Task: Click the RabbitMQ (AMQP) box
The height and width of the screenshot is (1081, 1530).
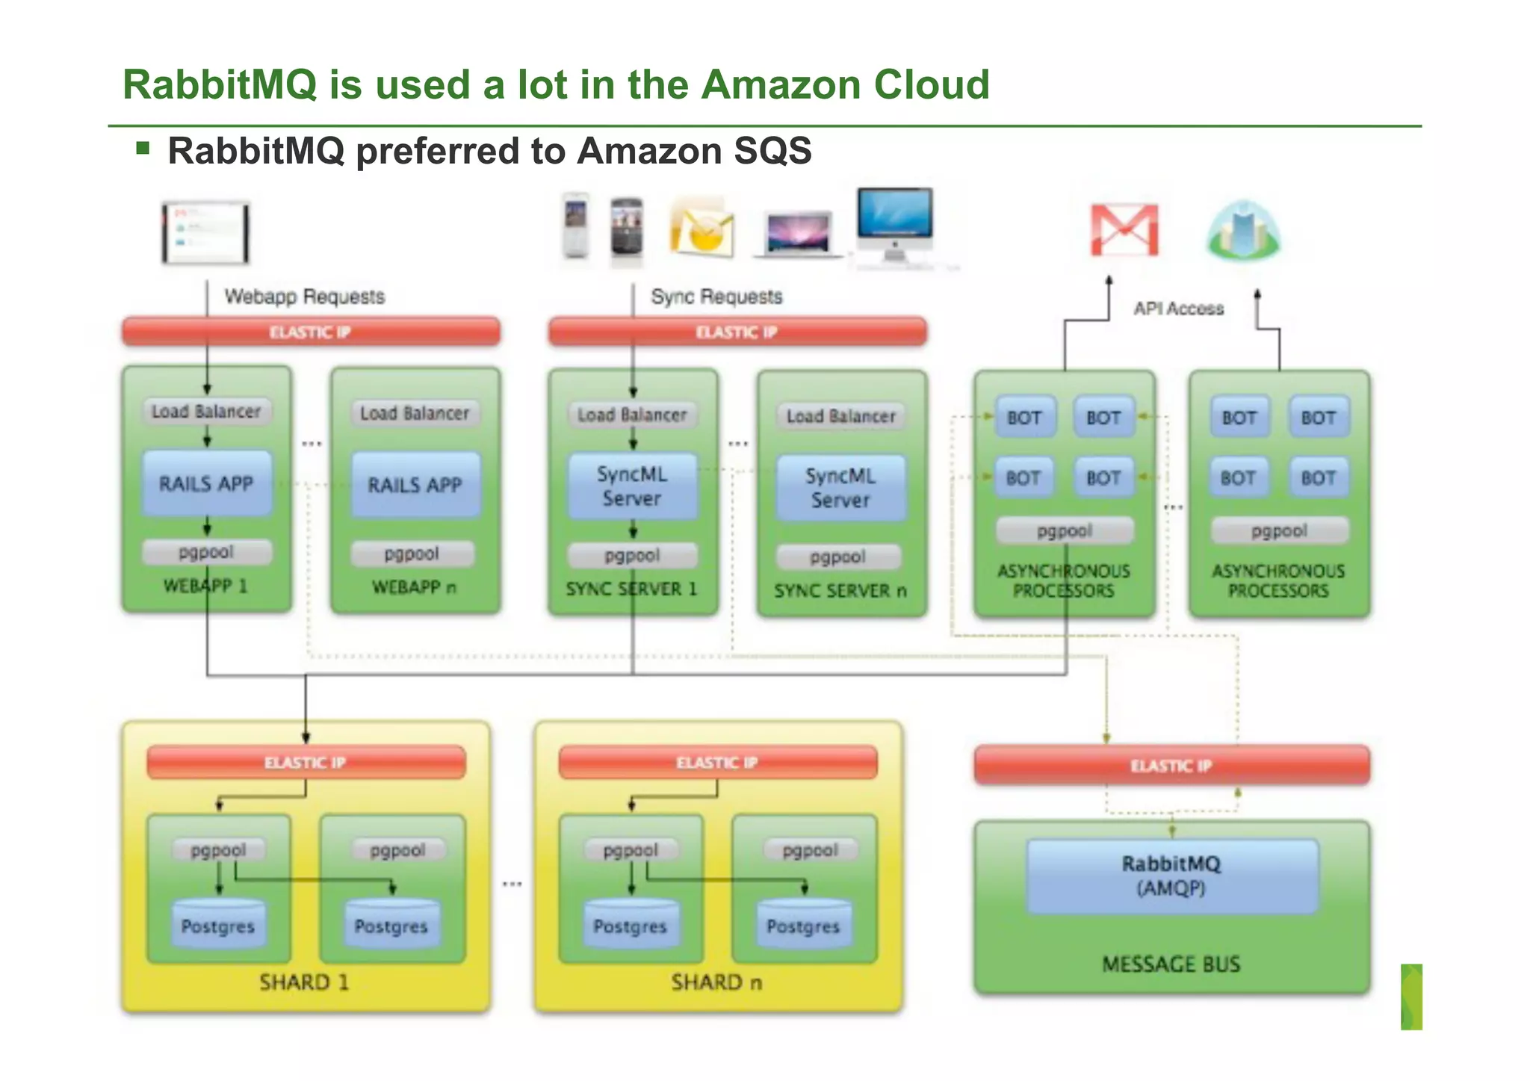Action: click(1171, 876)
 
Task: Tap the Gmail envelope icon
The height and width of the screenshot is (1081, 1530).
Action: click(1124, 230)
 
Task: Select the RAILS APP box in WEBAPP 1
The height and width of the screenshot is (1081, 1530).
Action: click(207, 483)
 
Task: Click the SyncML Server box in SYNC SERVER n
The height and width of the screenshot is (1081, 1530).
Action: click(840, 488)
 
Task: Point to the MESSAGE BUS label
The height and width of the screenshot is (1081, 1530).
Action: click(1171, 964)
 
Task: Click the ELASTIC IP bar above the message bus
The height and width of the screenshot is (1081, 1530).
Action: click(1171, 766)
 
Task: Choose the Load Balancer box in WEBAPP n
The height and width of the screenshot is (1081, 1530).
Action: click(415, 413)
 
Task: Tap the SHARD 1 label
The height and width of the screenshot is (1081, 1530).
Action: click(304, 982)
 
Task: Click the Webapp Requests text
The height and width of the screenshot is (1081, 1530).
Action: click(305, 297)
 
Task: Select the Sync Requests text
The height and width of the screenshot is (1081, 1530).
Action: click(716, 297)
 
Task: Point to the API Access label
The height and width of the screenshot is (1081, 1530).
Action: click(1179, 309)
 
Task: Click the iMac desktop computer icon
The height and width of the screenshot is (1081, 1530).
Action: click(894, 224)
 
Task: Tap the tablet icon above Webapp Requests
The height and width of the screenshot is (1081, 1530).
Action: click(206, 232)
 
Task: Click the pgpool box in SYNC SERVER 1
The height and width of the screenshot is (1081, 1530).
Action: click(632, 555)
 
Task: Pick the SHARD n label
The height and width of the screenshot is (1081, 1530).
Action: click(716, 982)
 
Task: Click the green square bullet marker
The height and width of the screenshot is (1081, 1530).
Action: click(143, 148)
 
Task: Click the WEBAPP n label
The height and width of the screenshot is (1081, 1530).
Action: click(414, 587)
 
